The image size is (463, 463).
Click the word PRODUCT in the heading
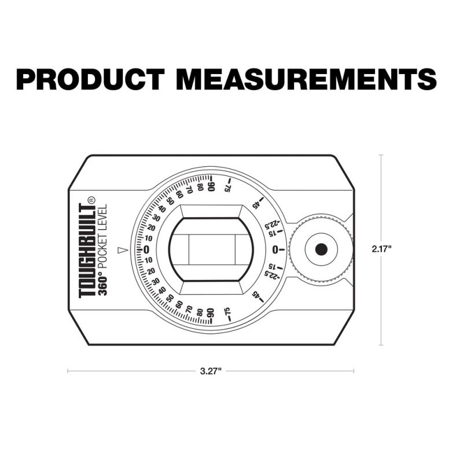coord(90,79)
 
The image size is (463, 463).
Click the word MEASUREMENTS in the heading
coord(308,79)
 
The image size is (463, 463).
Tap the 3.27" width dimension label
coord(211,371)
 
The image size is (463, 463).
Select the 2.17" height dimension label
coord(381,249)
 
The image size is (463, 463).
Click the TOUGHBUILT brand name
coord(87,251)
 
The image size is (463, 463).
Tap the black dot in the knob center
coord(321,249)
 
